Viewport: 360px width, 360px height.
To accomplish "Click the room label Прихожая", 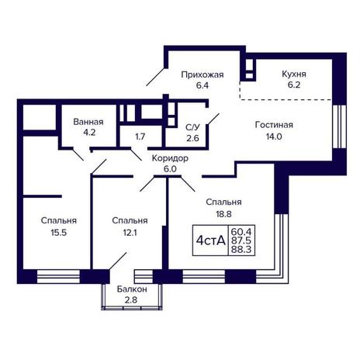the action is point(202,75).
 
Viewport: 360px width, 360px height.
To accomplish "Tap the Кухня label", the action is point(294,74).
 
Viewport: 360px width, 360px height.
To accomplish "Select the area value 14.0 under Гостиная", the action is point(274,137).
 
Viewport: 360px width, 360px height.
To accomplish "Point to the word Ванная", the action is point(88,122).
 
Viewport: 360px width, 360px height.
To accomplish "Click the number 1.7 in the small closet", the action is point(140,137).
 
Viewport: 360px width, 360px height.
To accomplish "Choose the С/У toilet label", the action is point(192,127).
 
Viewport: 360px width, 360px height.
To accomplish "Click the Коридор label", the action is point(170,158).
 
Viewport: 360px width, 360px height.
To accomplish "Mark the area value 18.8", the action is point(223,214).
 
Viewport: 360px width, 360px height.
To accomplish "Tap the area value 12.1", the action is point(130,233).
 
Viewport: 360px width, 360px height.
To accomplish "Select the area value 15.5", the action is point(59,233).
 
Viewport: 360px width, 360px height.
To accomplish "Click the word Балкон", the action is point(132,289).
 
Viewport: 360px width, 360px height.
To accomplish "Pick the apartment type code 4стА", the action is point(211,241).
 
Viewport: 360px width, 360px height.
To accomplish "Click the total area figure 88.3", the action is point(241,250).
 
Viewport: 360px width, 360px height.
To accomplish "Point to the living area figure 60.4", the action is point(241,230).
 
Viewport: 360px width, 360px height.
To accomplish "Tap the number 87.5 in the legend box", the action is point(241,241).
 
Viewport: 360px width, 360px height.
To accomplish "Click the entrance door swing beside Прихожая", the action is point(155,77).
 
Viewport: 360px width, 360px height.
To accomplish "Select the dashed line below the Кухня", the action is point(285,99).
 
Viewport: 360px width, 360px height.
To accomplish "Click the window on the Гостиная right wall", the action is point(339,126).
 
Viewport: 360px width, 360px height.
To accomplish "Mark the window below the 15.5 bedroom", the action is point(58,277).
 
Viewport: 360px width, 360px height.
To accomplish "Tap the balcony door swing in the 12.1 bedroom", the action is point(118,261).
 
